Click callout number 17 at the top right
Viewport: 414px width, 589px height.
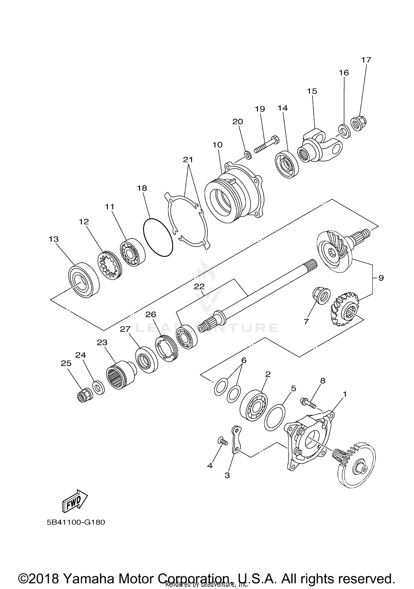point(366,60)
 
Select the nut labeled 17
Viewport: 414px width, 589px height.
point(358,124)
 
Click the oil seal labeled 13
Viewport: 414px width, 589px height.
point(83,280)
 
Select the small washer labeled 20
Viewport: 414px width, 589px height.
point(248,155)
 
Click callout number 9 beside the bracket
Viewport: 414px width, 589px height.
point(381,278)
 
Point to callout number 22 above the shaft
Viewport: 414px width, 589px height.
point(199,286)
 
